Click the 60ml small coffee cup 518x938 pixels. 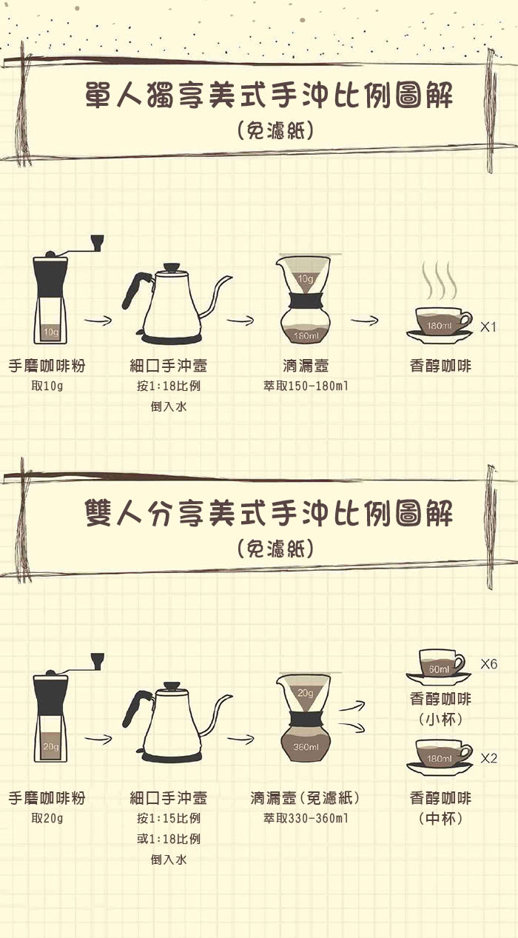click(440, 667)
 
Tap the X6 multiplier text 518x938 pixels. click(488, 664)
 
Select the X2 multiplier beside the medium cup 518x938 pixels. click(488, 758)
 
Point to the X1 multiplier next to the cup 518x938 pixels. click(488, 326)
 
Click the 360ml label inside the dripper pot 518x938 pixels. click(306, 747)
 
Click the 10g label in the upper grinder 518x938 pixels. click(51, 332)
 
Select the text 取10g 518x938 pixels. click(47, 386)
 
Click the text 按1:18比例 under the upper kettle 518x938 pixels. click(169, 386)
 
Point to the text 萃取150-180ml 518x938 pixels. click(306, 386)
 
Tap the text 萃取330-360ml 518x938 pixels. click(306, 818)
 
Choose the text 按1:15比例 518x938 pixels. click(169, 818)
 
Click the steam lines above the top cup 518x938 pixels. click(439, 280)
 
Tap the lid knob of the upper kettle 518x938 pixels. click(172, 267)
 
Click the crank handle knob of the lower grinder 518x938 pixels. click(97, 660)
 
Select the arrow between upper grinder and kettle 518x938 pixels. click(98, 321)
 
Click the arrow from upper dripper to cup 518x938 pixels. click(364, 321)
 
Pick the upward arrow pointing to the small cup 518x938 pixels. click(352, 706)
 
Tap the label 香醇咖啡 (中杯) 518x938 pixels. click(440, 808)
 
